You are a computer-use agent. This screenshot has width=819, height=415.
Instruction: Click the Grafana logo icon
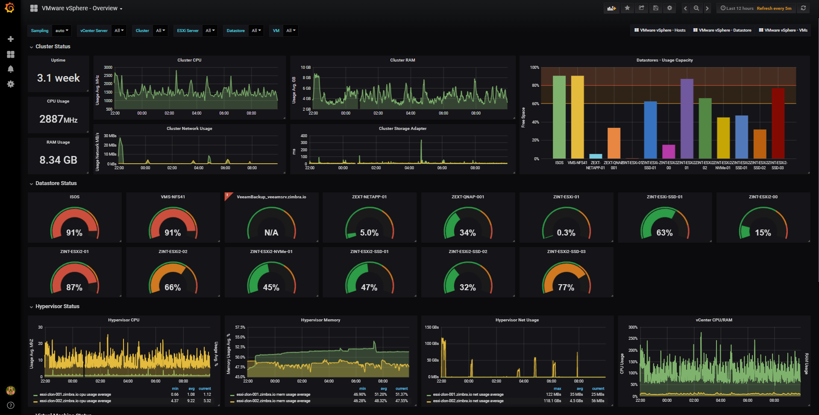pos(9,8)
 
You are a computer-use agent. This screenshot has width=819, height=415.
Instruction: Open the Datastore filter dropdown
pos(256,31)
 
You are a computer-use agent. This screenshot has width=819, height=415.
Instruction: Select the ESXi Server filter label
pos(188,31)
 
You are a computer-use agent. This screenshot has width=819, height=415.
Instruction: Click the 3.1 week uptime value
pos(59,78)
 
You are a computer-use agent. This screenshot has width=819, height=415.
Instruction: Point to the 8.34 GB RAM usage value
pos(59,160)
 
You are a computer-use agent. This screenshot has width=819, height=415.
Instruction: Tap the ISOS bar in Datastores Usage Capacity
pos(559,118)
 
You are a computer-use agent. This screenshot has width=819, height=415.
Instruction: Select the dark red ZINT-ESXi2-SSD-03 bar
pos(778,124)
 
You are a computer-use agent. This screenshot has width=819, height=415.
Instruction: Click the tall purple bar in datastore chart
pos(687,119)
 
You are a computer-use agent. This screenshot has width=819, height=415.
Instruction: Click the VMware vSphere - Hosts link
pos(660,30)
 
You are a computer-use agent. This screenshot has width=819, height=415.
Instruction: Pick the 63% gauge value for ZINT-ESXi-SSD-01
pos(664,233)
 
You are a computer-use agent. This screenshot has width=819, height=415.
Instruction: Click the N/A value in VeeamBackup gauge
pos(271,233)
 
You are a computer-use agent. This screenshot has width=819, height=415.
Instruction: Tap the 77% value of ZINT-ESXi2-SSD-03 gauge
pos(566,288)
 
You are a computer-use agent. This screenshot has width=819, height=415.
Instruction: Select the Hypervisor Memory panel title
pos(320,320)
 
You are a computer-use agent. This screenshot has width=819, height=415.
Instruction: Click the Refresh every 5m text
pos(774,8)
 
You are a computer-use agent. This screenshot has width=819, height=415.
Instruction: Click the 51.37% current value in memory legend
pos(401,394)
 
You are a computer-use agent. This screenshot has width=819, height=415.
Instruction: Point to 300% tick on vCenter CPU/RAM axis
pos(633,327)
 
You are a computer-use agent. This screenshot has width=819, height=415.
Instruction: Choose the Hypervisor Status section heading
pos(57,306)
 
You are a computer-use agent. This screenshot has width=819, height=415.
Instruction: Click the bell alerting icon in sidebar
pos(11,69)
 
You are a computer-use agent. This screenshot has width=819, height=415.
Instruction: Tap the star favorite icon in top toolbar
pos(627,8)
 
